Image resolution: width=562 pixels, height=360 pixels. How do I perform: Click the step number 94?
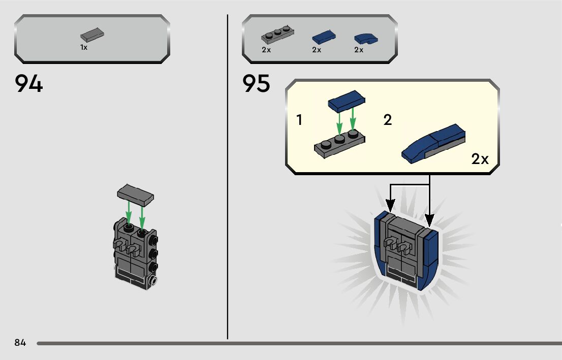pos(29,84)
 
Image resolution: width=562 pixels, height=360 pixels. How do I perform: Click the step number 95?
pos(256,84)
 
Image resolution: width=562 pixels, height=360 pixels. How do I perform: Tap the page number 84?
pos(20,343)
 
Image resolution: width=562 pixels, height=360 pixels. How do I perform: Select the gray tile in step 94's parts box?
pos(92,35)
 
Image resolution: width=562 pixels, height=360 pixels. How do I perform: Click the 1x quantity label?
pos(84,47)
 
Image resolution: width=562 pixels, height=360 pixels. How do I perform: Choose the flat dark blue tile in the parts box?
pos(323,37)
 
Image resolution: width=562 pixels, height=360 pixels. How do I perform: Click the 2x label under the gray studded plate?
pos(266,50)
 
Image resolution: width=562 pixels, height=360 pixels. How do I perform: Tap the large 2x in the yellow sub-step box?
pos(480,159)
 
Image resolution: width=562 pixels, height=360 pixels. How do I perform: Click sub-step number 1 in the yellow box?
pos(299,120)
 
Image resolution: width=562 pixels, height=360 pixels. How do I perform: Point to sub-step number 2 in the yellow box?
pos(388,121)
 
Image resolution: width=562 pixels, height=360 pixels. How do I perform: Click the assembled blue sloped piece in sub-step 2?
pos(433,143)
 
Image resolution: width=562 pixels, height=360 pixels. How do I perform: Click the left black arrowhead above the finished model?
pos(390,206)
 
